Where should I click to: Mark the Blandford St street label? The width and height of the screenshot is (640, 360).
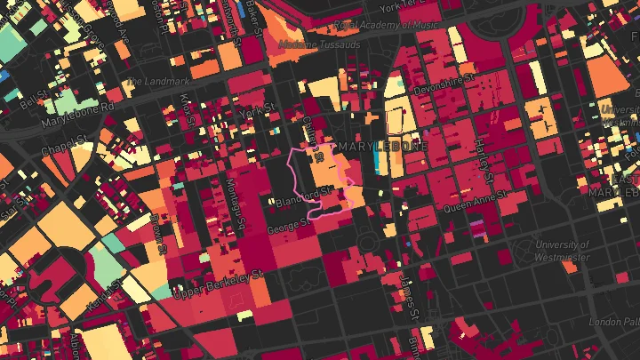(315, 194)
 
